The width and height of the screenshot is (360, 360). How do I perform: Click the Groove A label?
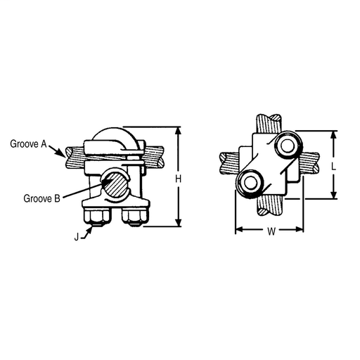pos(28,144)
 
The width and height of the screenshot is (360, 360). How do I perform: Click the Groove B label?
pos(41,198)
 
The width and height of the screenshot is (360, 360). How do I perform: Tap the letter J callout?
pos(77,237)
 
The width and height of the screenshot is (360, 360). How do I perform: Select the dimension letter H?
pos(179,179)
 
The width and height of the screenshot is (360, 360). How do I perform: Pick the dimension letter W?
pos(271,231)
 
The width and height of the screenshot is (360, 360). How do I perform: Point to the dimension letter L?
pos(334,167)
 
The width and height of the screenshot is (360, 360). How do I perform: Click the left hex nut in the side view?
pos(96,217)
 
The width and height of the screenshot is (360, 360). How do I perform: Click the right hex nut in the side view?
pos(135,217)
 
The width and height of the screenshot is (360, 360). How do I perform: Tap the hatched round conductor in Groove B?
pos(116,184)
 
